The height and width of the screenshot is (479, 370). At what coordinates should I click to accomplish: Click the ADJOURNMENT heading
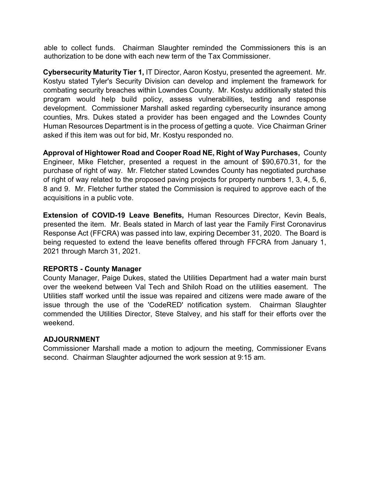coord(71,339)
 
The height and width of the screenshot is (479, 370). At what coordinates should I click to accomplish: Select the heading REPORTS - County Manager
coord(92,269)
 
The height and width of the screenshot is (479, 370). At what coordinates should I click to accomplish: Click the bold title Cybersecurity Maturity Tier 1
coord(93,72)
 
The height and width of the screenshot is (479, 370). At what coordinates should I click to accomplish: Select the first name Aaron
coord(192,72)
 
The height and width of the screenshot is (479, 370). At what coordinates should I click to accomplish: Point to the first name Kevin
coord(293,215)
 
